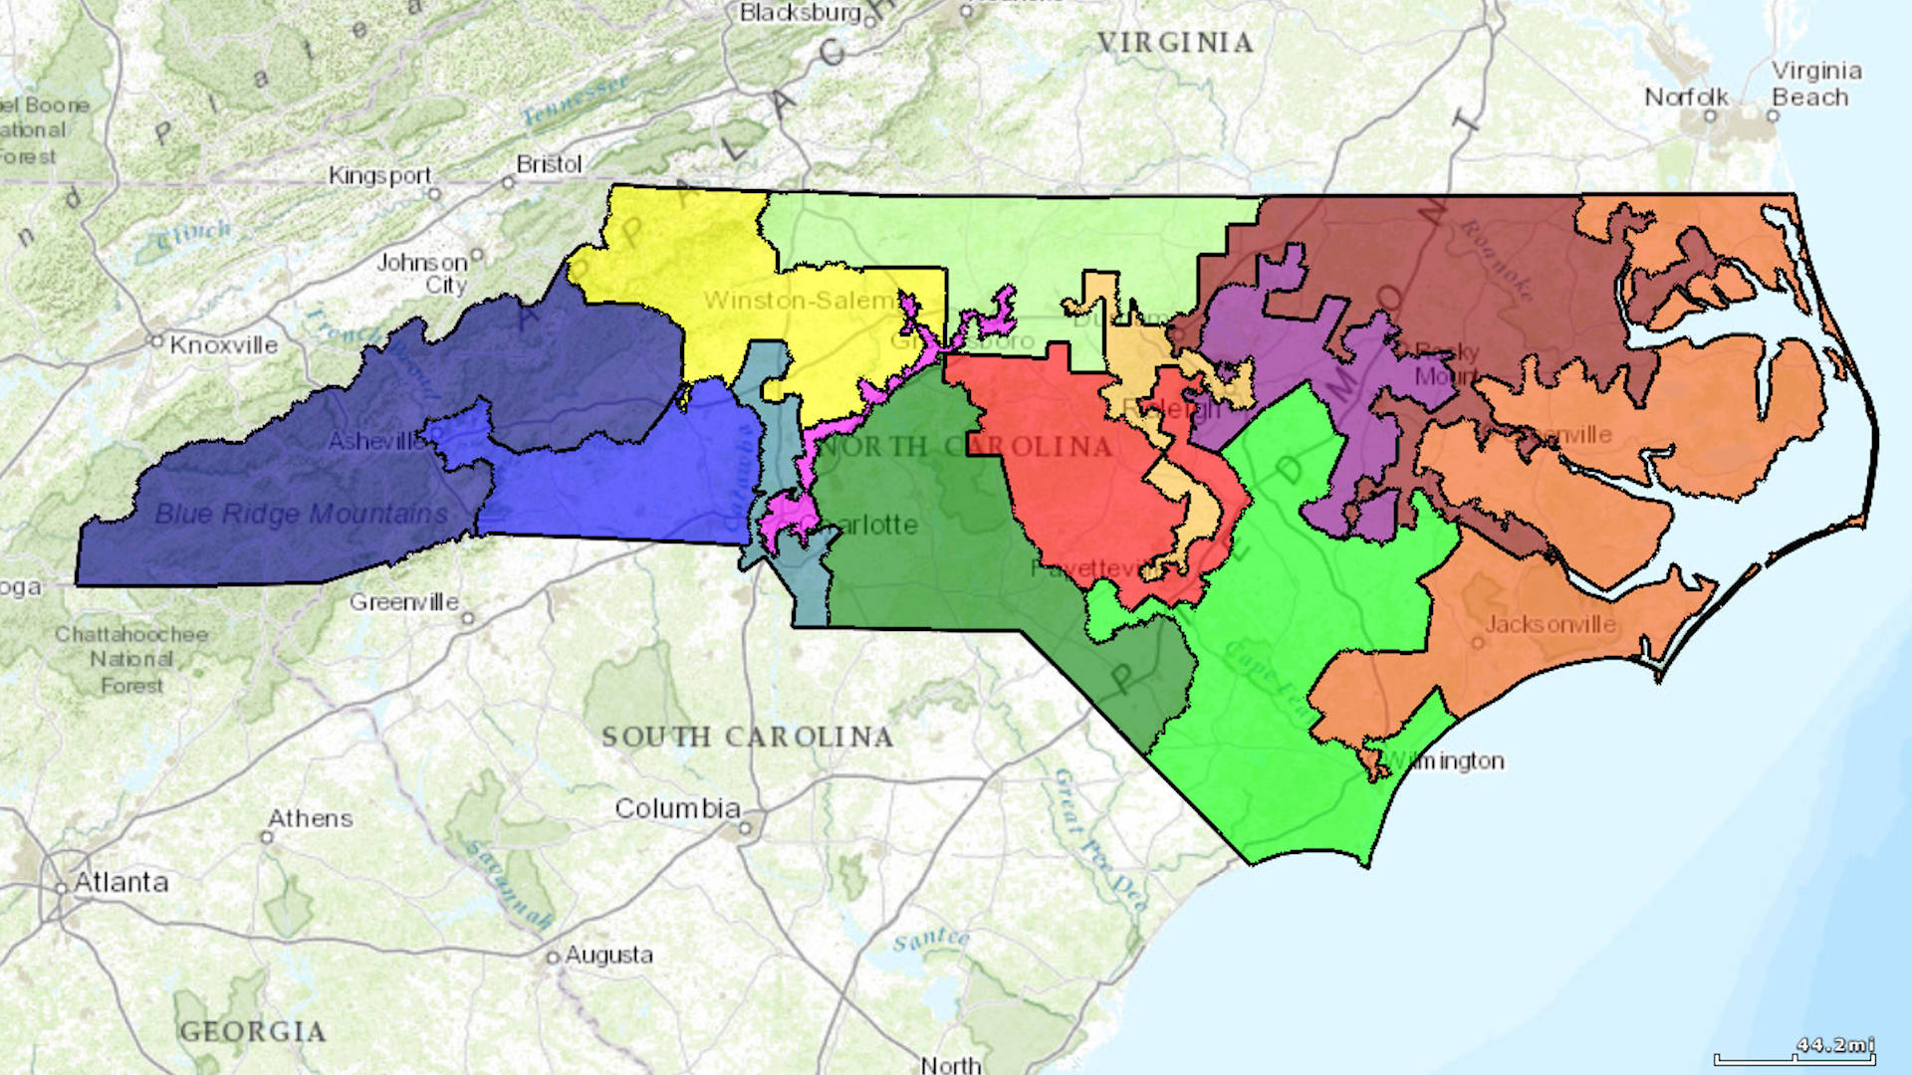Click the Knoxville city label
click(224, 345)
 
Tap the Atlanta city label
click(120, 882)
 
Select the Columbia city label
click(677, 808)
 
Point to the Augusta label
click(608, 956)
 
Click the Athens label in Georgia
click(311, 818)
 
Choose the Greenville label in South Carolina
click(403, 602)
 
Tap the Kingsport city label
click(380, 175)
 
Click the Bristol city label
click(549, 163)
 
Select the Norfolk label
click(1686, 98)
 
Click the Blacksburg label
click(800, 13)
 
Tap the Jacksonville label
click(1551, 624)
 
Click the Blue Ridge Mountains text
click(301, 514)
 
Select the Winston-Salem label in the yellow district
click(800, 300)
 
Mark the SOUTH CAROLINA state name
click(747, 737)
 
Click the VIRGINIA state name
click(1175, 43)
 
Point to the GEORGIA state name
click(253, 1031)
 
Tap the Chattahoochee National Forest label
click(131, 659)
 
